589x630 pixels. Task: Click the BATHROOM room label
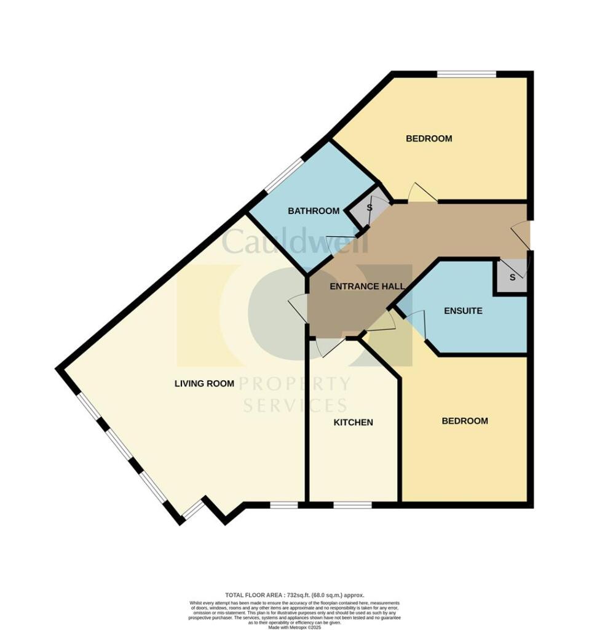pyautogui.click(x=314, y=211)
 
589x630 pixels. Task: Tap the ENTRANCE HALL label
pyautogui.click(x=367, y=287)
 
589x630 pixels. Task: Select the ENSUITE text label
pyautogui.click(x=463, y=311)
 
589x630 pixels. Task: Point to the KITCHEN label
pyautogui.click(x=353, y=423)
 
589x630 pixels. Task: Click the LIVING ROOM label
pyautogui.click(x=204, y=383)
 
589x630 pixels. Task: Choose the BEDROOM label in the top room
pyautogui.click(x=429, y=138)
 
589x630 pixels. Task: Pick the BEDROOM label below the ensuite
pyautogui.click(x=465, y=421)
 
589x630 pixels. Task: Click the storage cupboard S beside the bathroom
pyautogui.click(x=370, y=208)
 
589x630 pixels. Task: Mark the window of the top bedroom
pyautogui.click(x=467, y=74)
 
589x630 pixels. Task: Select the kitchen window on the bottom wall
pyautogui.click(x=352, y=505)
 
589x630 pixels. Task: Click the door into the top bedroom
pyautogui.click(x=422, y=193)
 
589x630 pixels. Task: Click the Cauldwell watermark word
pyautogui.click(x=294, y=242)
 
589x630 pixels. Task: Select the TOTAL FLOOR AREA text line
pyautogui.click(x=294, y=595)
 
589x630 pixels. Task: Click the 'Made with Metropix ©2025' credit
pyautogui.click(x=294, y=626)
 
